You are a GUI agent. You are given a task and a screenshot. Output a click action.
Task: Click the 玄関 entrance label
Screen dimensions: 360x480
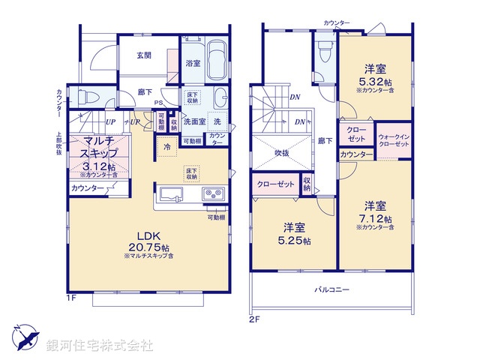pyautogui.click(x=145, y=55)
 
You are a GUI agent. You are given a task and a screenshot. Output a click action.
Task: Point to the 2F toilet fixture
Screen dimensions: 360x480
pyautogui.click(x=324, y=53)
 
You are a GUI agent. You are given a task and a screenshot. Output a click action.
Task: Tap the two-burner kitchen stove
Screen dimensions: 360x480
pyautogui.click(x=213, y=195)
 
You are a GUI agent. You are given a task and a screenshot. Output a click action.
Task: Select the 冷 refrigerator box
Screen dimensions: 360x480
pyautogui.click(x=166, y=147)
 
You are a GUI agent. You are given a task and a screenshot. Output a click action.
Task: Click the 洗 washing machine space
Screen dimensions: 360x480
pyautogui.click(x=217, y=121)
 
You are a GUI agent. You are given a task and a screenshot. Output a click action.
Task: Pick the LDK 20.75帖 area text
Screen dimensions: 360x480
pyautogui.click(x=148, y=239)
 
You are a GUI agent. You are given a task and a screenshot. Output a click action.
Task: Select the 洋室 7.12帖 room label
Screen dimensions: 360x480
pyautogui.click(x=375, y=211)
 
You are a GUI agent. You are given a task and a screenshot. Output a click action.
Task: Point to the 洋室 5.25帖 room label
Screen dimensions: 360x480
pyautogui.click(x=293, y=232)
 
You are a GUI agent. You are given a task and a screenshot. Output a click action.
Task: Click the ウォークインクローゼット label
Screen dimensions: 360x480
pyautogui.click(x=394, y=139)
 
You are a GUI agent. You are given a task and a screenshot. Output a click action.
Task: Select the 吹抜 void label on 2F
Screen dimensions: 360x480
pyautogui.click(x=281, y=153)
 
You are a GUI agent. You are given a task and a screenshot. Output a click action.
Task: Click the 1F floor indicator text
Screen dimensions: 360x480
pyautogui.click(x=70, y=298)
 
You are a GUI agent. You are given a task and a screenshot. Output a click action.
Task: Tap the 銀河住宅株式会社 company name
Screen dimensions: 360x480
pyautogui.click(x=99, y=345)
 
